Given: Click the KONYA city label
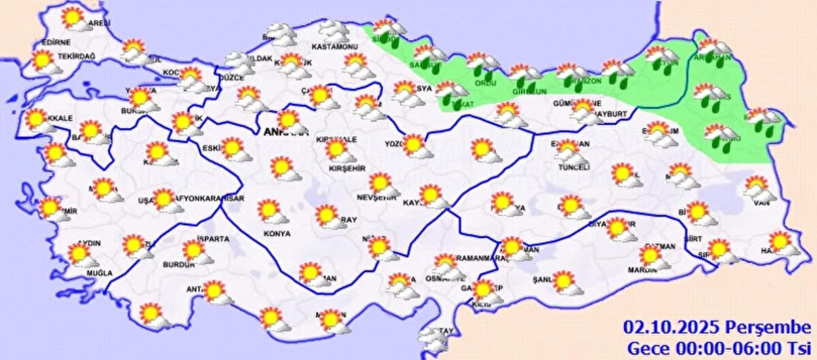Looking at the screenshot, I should [276, 233].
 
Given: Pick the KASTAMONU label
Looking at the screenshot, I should [334, 46].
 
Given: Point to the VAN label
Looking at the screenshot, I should [763, 202].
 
